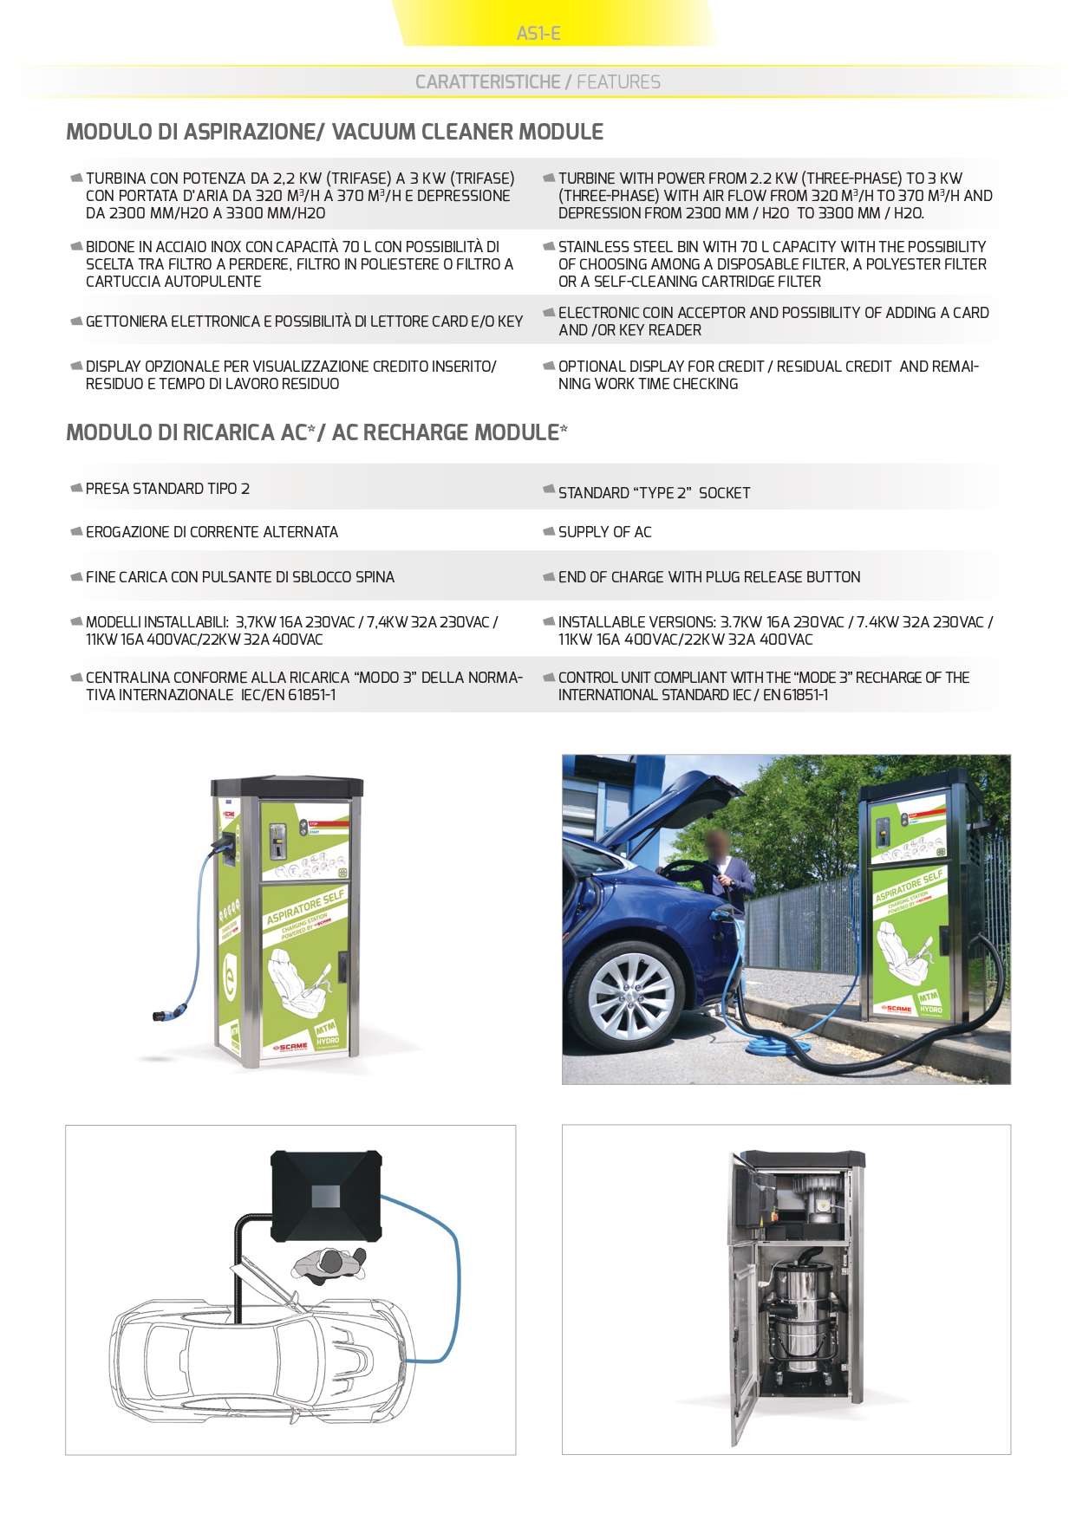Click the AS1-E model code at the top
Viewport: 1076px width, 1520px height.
pyautogui.click(x=538, y=34)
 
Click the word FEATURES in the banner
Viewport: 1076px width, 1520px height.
pyautogui.click(x=618, y=82)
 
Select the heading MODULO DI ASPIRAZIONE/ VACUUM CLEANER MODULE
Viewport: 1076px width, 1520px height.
pyautogui.click(x=335, y=132)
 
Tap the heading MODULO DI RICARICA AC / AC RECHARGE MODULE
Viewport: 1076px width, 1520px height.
pyautogui.click(x=316, y=432)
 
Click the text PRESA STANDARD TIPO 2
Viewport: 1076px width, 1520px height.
pyautogui.click(x=167, y=489)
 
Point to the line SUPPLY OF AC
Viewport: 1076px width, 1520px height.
pyautogui.click(x=604, y=532)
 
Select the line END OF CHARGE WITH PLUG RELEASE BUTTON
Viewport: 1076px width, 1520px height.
pyautogui.click(x=708, y=577)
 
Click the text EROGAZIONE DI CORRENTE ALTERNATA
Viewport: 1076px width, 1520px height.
pyautogui.click(x=212, y=532)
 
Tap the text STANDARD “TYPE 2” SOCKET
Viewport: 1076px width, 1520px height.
pyautogui.click(x=654, y=493)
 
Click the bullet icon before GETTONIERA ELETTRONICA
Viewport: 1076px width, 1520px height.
pyautogui.click(x=76, y=322)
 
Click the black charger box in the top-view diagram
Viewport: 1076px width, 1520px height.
pyautogui.click(x=326, y=1196)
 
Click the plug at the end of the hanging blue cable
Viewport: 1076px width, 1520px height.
pyautogui.click(x=162, y=1011)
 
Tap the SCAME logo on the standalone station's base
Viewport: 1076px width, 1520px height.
pyautogui.click(x=291, y=1047)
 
